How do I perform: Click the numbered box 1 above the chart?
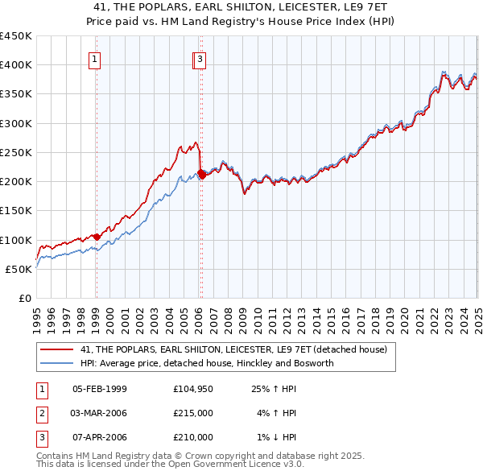coord(95,58)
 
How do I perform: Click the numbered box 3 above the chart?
coord(199,58)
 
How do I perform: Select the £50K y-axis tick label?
coord(19,270)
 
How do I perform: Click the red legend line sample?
coord(56,350)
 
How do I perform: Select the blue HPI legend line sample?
coord(56,363)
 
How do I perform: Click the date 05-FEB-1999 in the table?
coord(99,389)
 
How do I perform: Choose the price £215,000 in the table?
coord(193,413)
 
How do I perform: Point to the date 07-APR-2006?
coord(99,437)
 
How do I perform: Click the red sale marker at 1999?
coord(97,237)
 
